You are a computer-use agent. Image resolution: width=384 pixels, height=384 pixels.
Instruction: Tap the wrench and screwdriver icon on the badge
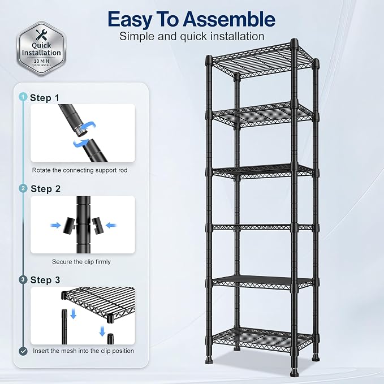click(42, 34)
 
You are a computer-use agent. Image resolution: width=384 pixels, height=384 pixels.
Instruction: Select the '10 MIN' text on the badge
click(41, 61)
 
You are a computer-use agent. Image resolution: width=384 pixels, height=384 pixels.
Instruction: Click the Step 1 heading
click(45, 98)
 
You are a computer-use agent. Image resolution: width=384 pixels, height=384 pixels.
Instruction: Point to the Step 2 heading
click(45, 189)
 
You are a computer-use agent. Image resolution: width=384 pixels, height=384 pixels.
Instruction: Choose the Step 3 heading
click(45, 280)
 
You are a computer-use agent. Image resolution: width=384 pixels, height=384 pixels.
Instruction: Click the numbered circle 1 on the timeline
click(23, 97)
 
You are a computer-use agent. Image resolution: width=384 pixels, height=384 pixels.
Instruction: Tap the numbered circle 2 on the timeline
click(23, 188)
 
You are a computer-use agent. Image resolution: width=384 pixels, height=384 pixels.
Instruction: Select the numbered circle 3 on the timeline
click(23, 280)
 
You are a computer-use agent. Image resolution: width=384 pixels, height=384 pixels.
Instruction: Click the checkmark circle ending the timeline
click(23, 351)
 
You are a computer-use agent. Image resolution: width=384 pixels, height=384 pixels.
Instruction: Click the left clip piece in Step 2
click(68, 225)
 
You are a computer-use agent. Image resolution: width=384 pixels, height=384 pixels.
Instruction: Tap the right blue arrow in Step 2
click(111, 225)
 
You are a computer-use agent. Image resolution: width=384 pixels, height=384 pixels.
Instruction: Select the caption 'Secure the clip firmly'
click(81, 262)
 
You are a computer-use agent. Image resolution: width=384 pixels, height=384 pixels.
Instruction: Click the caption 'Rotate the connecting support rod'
click(80, 170)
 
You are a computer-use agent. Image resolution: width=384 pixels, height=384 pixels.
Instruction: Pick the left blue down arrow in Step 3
click(73, 314)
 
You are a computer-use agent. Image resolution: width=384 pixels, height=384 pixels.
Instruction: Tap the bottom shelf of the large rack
click(262, 338)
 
